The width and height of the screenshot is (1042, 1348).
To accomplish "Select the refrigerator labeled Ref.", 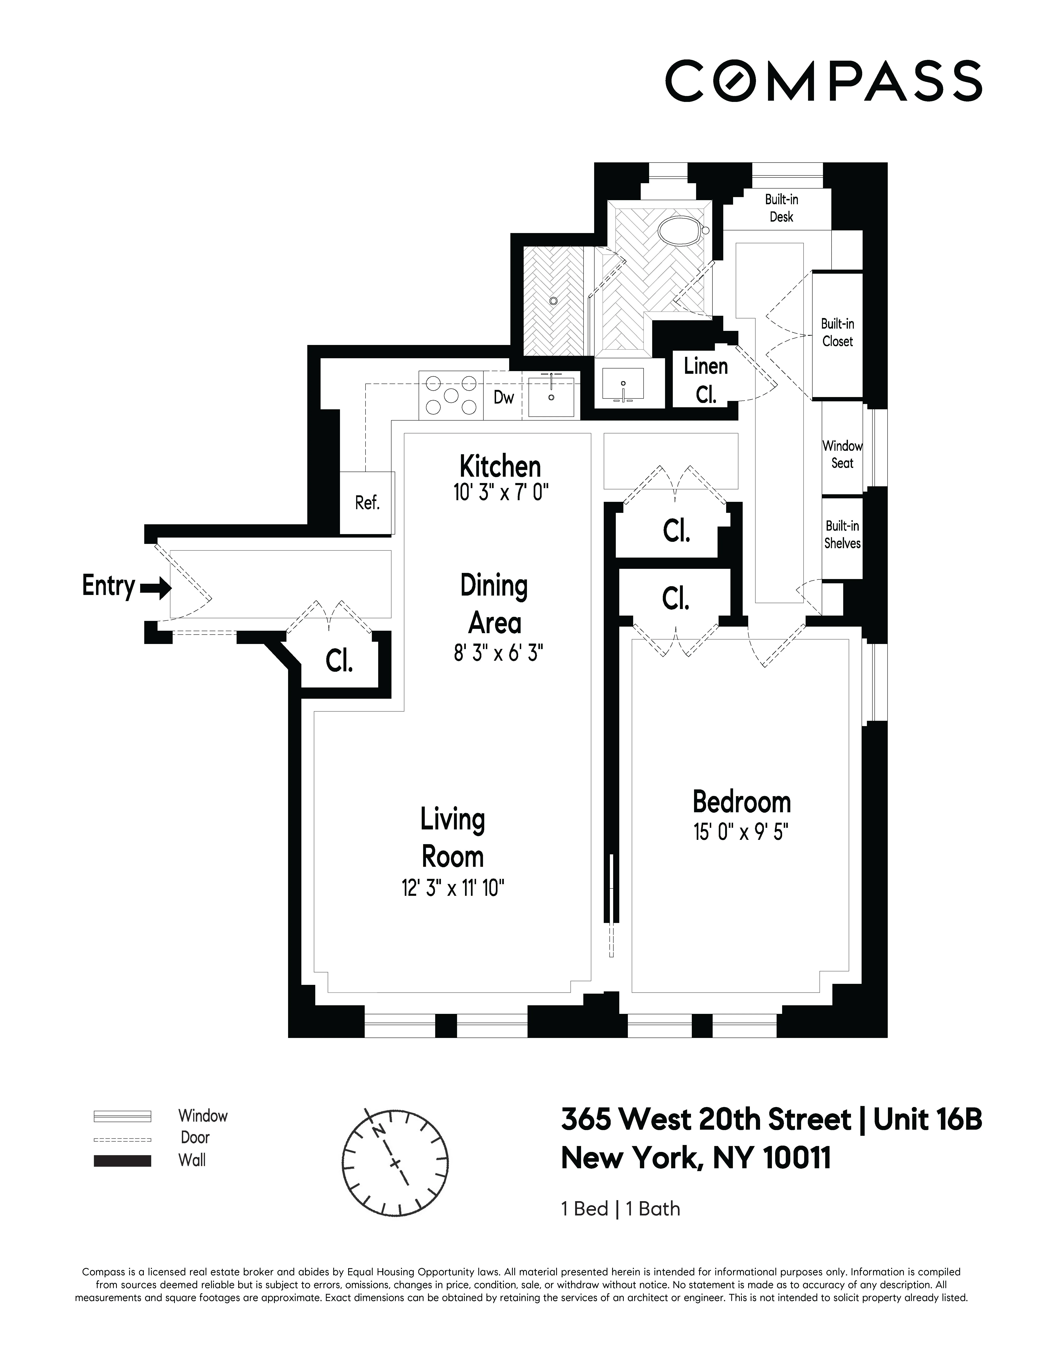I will click(367, 502).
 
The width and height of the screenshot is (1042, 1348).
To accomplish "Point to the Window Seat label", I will click(842, 454).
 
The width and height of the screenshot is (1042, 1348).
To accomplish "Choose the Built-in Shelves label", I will click(842, 535).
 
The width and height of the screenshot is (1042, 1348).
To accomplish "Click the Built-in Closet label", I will click(837, 333).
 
